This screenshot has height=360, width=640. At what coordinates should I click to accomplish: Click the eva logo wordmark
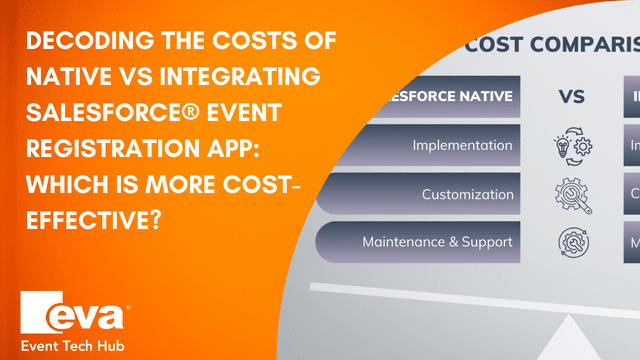pyautogui.click(x=75, y=314)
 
